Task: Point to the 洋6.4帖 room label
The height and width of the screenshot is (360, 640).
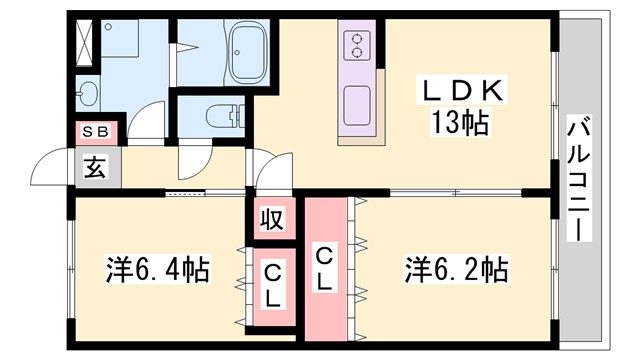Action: pyautogui.click(x=158, y=270)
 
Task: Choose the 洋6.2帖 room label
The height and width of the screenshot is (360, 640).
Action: pyautogui.click(x=456, y=270)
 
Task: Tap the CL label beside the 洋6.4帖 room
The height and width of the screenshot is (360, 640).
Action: pyautogui.click(x=271, y=284)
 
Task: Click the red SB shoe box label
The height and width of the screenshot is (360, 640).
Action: pyautogui.click(x=96, y=131)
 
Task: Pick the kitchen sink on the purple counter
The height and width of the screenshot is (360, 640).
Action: pyautogui.click(x=359, y=106)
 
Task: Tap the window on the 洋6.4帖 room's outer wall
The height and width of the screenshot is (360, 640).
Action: pyautogui.click(x=71, y=270)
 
